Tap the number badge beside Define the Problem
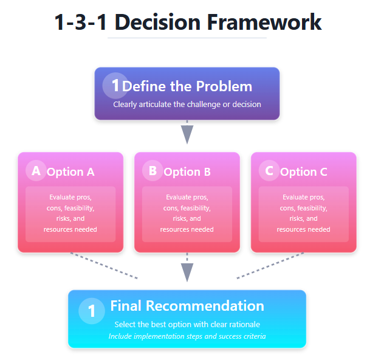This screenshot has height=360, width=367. click(114, 86)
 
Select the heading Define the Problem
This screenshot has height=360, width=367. click(187, 86)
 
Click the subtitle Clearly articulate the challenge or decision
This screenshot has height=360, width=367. click(187, 104)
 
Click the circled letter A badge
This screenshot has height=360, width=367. click(36, 171)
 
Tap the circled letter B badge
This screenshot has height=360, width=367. click(153, 171)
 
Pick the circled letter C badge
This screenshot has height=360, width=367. click(269, 171)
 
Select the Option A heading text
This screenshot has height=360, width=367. click(70, 172)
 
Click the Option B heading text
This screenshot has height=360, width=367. click(187, 172)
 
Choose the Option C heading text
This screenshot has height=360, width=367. click(304, 172)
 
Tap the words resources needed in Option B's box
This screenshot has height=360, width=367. click(187, 229)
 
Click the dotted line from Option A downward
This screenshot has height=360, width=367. click(103, 266)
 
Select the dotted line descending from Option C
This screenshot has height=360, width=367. click(270, 266)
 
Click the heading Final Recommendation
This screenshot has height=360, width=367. click(187, 306)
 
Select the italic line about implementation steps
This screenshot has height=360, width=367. click(187, 336)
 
